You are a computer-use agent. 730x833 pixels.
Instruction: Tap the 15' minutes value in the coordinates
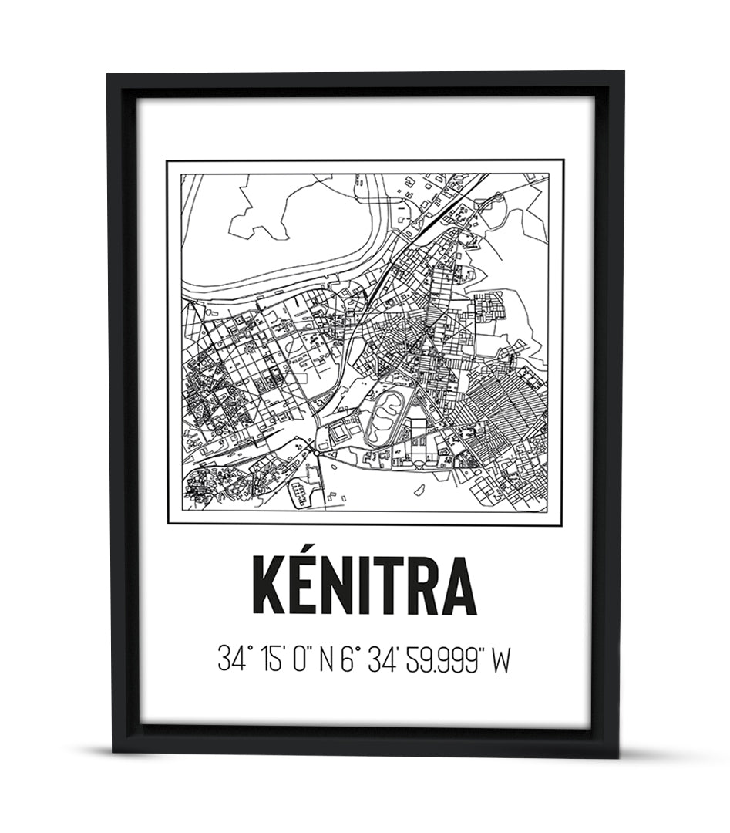coord(271,659)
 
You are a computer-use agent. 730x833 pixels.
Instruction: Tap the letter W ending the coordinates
coord(502,659)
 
